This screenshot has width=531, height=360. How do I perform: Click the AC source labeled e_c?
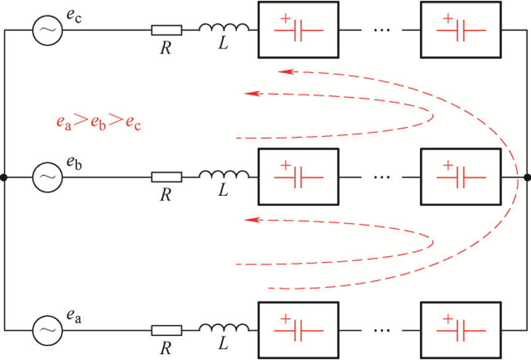point(47,30)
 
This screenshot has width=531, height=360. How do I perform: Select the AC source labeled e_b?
point(47,177)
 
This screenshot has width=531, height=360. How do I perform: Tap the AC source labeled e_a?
point(47,329)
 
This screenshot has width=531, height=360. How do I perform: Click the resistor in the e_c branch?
point(166,30)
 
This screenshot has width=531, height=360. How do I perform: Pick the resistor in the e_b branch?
point(166,177)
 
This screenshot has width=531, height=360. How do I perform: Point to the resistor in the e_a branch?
point(166,329)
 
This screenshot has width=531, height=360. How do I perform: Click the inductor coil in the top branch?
point(224,29)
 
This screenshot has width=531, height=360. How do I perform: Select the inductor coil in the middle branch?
point(224,175)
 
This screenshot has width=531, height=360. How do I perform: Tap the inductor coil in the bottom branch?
point(224,327)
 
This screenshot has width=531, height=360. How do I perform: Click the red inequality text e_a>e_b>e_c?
point(98,124)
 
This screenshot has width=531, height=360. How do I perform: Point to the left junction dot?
point(4,177)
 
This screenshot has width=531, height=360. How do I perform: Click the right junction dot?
point(527,177)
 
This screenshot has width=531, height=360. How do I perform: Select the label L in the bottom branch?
point(224,345)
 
